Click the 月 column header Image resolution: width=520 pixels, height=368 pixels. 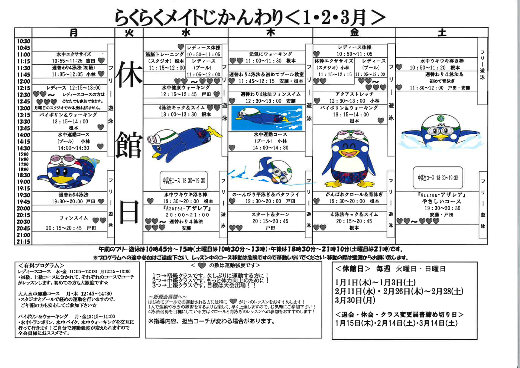(x=74, y=33)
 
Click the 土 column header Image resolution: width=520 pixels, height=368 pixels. (x=442, y=33)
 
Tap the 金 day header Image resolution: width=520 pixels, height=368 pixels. (x=354, y=33)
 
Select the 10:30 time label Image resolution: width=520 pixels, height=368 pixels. (x=23, y=41)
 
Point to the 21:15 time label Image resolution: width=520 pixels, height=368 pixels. (x=23, y=242)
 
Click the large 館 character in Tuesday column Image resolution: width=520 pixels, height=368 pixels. (x=129, y=145)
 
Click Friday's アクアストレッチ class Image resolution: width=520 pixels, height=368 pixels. (x=354, y=98)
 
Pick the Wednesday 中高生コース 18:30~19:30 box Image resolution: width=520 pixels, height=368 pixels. (x=183, y=181)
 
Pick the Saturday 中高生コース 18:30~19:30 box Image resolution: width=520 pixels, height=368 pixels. (x=438, y=178)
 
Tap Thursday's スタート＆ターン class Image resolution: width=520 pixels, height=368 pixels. (x=270, y=221)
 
